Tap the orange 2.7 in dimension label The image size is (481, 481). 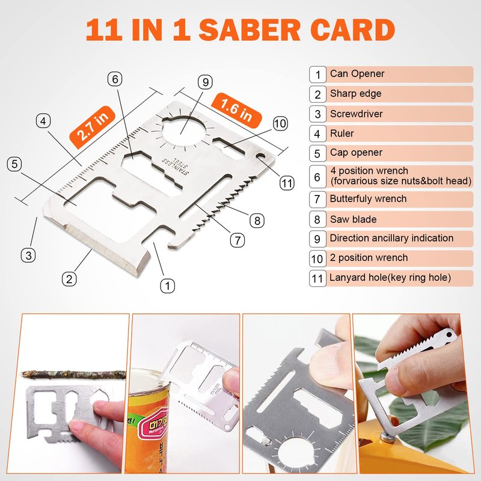(93, 127)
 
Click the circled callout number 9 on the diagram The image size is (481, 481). (205, 82)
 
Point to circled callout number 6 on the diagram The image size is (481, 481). (115, 79)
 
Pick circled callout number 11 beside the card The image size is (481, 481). (287, 183)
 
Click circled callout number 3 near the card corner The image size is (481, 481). (28, 255)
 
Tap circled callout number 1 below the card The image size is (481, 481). (168, 286)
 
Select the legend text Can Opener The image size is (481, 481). (357, 73)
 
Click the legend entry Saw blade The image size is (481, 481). (353, 219)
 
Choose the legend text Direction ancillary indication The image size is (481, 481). (391, 238)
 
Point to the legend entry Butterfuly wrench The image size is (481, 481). (368, 199)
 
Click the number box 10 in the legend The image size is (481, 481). (317, 259)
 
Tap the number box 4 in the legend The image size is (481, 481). (317, 133)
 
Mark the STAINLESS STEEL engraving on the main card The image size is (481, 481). (176, 166)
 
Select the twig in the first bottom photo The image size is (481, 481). (73, 375)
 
